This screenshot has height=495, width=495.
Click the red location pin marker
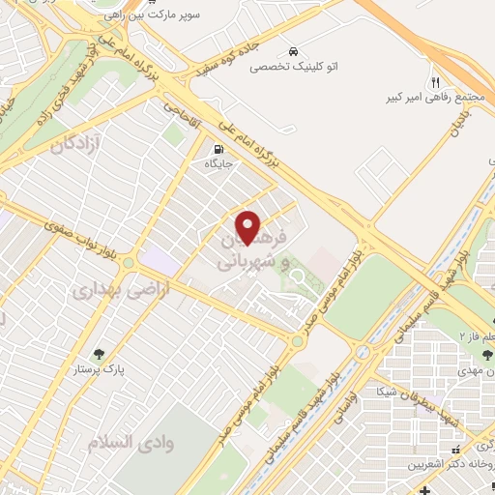pyautogui.click(x=248, y=227)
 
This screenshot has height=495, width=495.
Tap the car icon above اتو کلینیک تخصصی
pyautogui.click(x=292, y=51)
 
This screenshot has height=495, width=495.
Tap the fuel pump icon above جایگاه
pyautogui.click(x=218, y=148)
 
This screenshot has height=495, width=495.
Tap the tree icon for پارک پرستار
pyautogui.click(x=97, y=353)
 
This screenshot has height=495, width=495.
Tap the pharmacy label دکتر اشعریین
pyautogui.click(x=453, y=465)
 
